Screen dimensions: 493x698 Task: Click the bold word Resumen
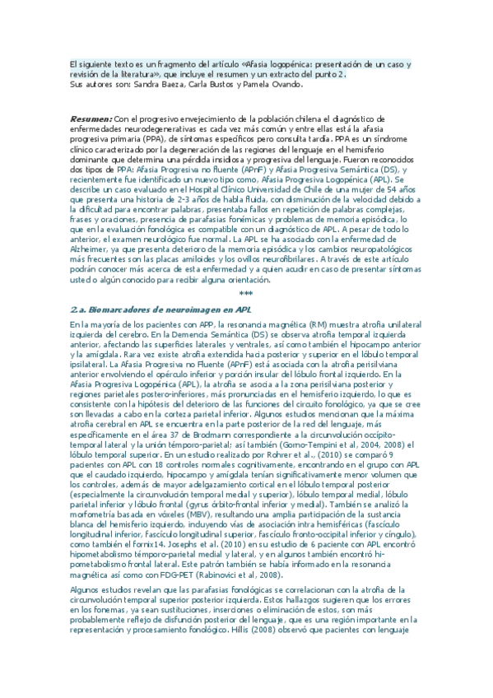click(x=90, y=118)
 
